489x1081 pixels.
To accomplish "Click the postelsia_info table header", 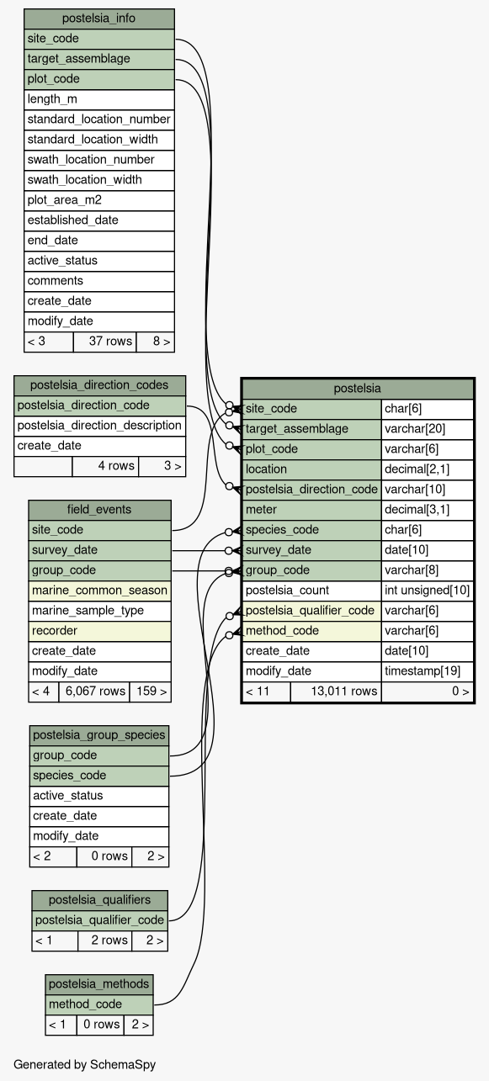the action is [x=99, y=19].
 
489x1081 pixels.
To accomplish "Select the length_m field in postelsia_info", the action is [x=99, y=99].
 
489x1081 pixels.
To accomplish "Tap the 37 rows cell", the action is [x=104, y=342].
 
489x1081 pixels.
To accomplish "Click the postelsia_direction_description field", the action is [x=99, y=426].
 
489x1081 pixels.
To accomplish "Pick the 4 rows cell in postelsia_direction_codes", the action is [x=105, y=466].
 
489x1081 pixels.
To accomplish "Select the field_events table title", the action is [x=99, y=510].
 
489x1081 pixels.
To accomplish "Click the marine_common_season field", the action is [x=99, y=591].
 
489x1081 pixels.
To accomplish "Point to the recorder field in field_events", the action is [x=99, y=631].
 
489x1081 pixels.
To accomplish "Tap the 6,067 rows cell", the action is [x=94, y=692].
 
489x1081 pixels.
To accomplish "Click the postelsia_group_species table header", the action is [x=99, y=735].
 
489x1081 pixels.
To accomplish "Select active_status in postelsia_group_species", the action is [x=99, y=796].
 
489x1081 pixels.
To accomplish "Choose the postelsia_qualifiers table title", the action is [x=99, y=900].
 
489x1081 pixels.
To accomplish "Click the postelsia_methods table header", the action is [x=99, y=984].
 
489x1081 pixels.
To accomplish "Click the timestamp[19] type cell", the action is [x=428, y=671].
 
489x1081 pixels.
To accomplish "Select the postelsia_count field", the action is [x=311, y=591].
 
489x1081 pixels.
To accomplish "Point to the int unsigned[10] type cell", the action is [x=428, y=591].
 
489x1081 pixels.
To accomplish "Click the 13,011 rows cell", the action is [x=336, y=692].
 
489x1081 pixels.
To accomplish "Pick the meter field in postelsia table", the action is [x=311, y=510].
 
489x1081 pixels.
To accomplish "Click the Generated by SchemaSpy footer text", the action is [x=84, y=1065].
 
